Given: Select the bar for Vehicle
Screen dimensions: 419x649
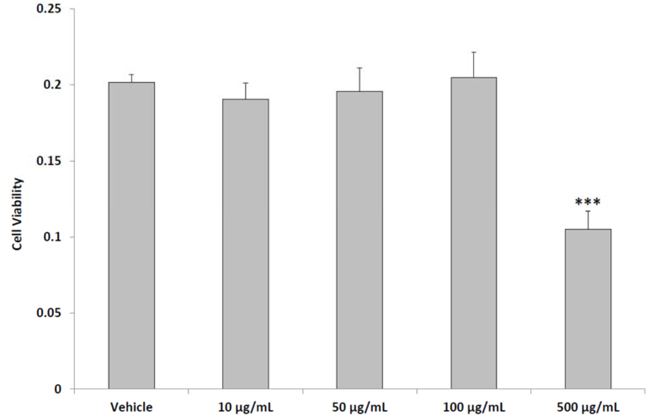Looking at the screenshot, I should [132, 235].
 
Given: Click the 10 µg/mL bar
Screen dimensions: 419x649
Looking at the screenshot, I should [245, 244].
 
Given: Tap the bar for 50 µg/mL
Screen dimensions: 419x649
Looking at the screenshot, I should [359, 240].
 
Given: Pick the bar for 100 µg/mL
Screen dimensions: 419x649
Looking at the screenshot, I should [474, 233].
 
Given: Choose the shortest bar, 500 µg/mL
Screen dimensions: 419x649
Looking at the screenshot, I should [588, 309].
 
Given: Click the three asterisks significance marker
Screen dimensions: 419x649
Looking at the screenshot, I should [588, 202].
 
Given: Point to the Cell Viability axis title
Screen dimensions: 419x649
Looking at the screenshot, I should [17, 214].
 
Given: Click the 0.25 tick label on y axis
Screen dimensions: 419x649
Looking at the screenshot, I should [49, 9].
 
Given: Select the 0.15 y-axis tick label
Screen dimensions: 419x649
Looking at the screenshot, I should [49, 161].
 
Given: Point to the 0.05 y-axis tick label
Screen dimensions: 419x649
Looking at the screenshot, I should [49, 313].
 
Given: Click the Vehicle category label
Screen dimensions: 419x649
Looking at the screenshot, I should [132, 407].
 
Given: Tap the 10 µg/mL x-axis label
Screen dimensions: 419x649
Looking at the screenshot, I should [245, 407].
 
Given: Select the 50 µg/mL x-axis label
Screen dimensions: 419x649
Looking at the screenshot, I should [359, 407].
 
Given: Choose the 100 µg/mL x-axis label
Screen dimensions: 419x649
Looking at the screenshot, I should [474, 407].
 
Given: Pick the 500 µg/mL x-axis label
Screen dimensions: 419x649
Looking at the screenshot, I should [588, 407].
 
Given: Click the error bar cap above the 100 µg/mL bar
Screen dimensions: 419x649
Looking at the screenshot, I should [474, 52].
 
